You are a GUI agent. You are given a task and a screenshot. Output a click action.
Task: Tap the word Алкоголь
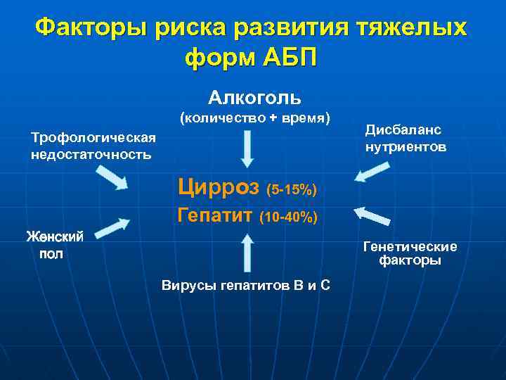click(x=254, y=96)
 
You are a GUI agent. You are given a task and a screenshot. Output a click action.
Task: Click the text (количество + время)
click(x=255, y=118)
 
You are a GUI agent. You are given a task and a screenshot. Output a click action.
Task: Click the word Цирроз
click(x=219, y=187)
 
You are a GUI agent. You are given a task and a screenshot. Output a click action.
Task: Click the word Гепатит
click(x=215, y=215)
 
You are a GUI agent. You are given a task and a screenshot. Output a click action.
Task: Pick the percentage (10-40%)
click(x=289, y=218)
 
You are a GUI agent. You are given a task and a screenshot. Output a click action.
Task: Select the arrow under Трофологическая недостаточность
click(x=111, y=179)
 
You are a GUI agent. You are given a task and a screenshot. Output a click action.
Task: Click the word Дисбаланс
click(x=403, y=131)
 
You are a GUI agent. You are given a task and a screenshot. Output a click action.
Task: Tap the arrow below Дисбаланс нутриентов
click(x=372, y=172)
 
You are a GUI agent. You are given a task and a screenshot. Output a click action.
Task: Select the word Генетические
click(x=410, y=246)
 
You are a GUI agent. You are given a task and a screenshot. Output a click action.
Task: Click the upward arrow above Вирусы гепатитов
click(x=247, y=252)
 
